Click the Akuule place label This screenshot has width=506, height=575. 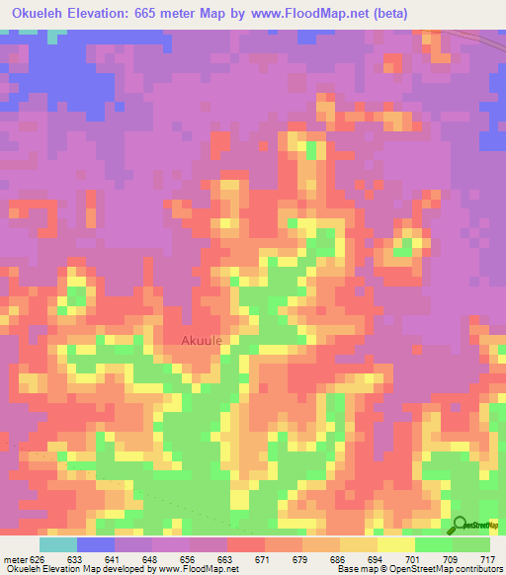click(202, 341)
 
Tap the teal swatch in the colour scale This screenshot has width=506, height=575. click(58, 544)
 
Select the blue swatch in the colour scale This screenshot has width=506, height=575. click(96, 544)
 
